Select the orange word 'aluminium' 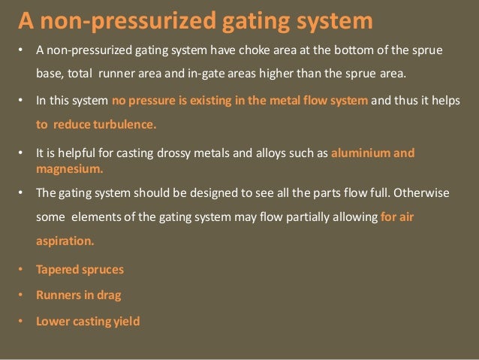(x=362, y=153)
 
